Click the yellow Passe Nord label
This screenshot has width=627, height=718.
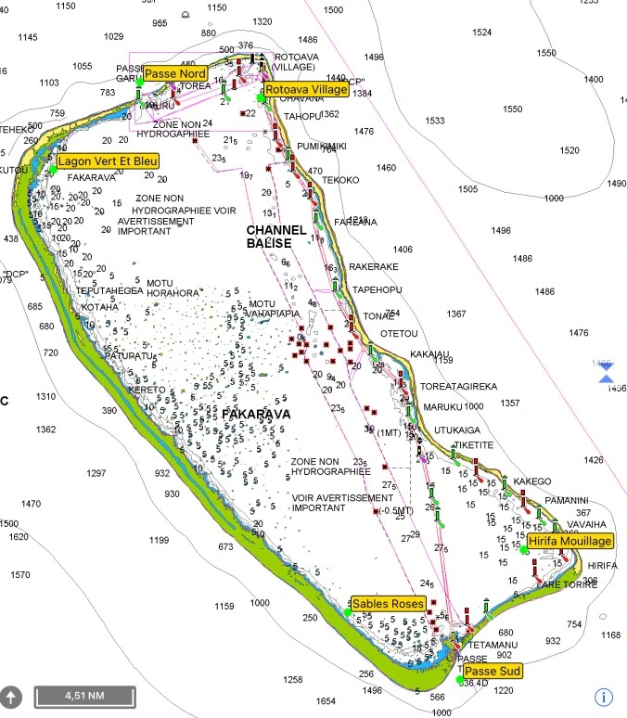[x=174, y=73]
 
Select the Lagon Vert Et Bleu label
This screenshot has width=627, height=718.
[x=107, y=160]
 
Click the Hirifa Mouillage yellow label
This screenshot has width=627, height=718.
[x=570, y=541]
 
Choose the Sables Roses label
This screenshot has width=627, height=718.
[x=389, y=604]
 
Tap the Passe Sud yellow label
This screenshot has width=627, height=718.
[x=492, y=671]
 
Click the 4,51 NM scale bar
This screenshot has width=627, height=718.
[x=84, y=696]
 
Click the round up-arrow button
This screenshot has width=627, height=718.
[x=12, y=696]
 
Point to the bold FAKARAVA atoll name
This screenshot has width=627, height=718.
[x=256, y=414]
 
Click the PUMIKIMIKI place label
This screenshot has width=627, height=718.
[x=321, y=147]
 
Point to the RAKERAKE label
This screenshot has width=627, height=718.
[x=373, y=266]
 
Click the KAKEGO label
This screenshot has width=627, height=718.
[x=531, y=481]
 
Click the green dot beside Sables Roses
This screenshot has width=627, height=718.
[x=349, y=613]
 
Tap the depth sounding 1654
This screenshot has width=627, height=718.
[x=326, y=701]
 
